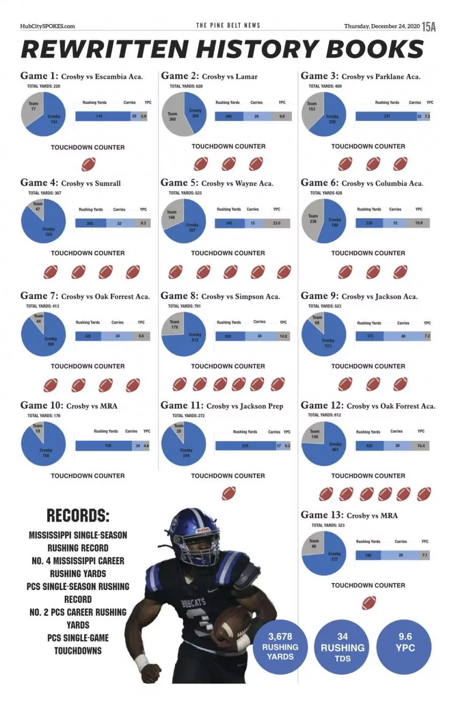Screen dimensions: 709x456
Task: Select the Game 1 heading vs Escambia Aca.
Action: point(82,76)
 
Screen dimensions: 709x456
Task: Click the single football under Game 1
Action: point(88,164)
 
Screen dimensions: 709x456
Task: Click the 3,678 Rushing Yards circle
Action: point(280,646)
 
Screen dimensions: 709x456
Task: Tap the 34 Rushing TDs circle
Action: point(342,646)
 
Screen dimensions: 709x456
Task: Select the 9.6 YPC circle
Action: point(404,642)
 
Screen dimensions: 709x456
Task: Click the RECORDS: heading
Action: point(78,516)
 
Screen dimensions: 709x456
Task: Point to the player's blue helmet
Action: point(193,533)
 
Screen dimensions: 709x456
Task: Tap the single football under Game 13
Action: point(369,603)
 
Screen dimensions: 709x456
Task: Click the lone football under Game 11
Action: point(229,493)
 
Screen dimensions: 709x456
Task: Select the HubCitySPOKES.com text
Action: point(47,26)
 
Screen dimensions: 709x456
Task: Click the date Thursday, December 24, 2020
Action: point(381,26)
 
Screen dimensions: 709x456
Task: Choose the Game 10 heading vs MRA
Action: point(69,406)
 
